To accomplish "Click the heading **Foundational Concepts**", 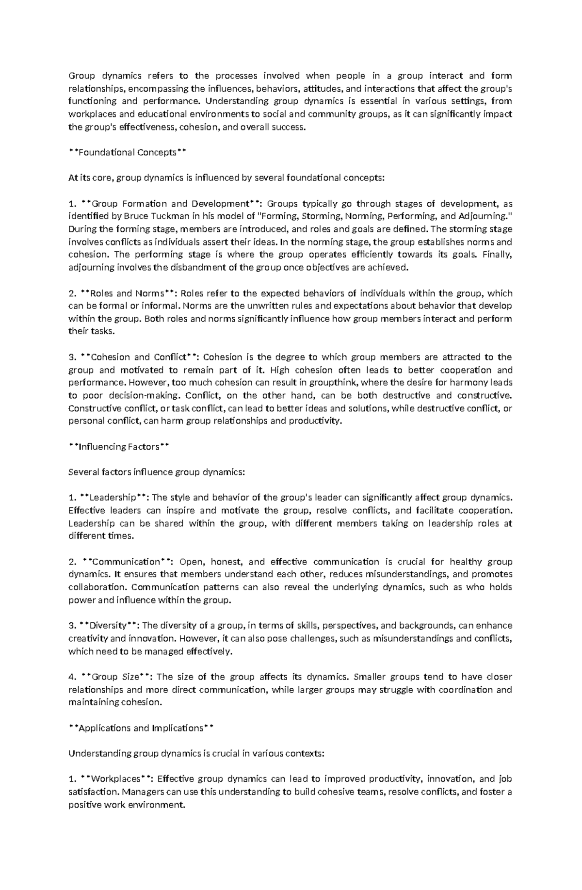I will point(128,152).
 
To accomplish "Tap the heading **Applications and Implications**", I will point(141,728).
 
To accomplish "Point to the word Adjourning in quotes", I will point(484,216).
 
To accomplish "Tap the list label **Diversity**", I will point(109,626).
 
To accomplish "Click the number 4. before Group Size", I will point(72,677).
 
